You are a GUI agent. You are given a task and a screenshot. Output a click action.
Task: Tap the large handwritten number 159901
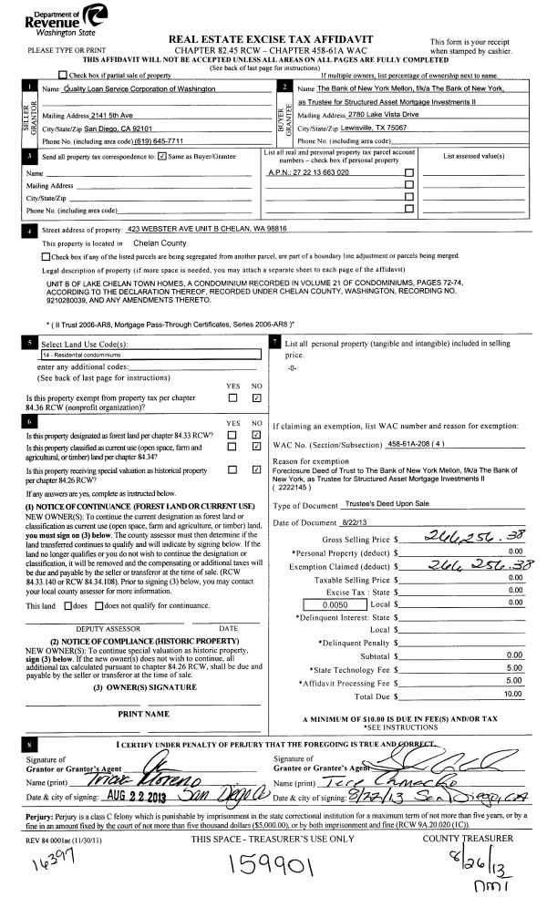tap(273, 865)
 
